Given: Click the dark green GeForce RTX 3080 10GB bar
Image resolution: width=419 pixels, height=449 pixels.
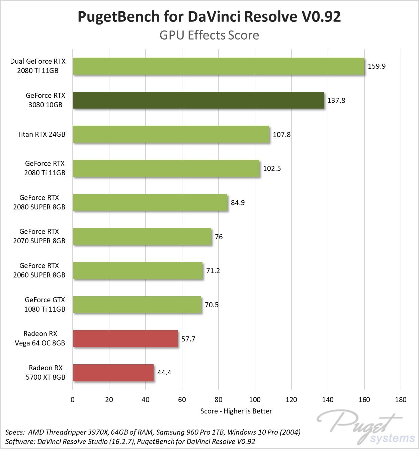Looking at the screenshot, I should click(x=198, y=100).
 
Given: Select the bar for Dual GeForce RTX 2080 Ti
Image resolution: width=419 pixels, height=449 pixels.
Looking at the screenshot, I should click(x=218, y=66).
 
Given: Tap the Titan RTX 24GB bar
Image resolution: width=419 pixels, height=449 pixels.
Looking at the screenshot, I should click(x=171, y=134).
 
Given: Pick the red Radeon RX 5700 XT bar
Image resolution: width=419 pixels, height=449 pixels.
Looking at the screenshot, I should click(x=113, y=373).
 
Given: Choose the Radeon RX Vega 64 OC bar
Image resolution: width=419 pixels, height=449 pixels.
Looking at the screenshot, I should click(x=125, y=339).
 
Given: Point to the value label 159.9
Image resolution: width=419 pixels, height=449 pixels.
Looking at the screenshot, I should click(x=376, y=66).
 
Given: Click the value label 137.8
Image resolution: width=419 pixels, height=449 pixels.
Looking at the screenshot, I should click(x=336, y=101).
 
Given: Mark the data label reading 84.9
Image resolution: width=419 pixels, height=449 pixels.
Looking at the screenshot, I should click(x=238, y=203).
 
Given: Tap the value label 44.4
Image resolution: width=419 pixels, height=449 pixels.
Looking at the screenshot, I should click(x=164, y=373).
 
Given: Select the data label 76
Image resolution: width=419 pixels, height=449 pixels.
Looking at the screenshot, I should click(x=219, y=237).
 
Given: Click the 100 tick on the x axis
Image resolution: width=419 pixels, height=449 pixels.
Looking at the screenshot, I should click(x=255, y=399).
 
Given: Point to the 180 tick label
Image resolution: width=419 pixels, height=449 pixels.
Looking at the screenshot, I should click(x=400, y=399).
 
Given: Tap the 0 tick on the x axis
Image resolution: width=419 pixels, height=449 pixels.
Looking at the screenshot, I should click(x=73, y=399).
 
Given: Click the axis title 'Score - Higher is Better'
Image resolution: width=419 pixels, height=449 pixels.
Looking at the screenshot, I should click(x=236, y=411).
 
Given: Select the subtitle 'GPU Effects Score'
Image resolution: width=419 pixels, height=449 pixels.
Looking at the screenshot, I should click(x=209, y=35).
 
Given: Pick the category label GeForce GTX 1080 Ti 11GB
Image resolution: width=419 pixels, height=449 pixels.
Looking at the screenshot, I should click(x=45, y=305).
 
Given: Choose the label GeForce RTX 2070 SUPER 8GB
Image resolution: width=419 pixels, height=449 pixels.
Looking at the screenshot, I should click(x=39, y=236).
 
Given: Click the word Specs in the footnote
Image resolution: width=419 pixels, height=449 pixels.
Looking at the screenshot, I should click(x=14, y=432).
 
